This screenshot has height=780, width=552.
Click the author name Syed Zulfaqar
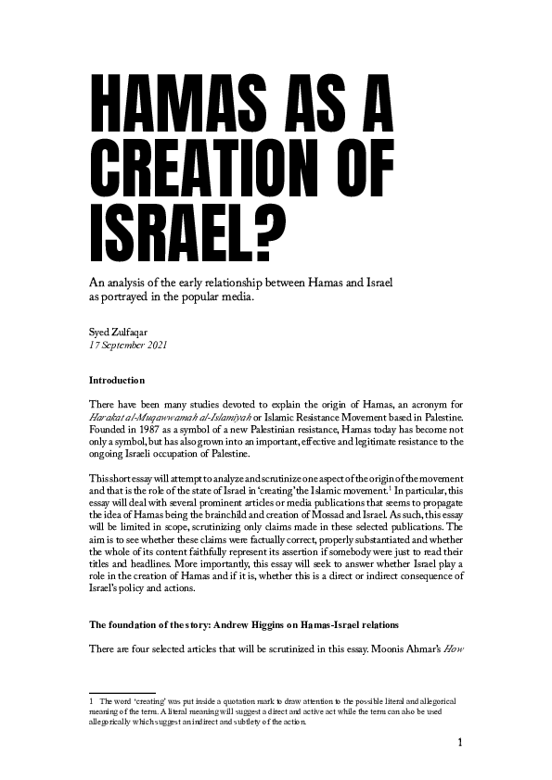[122, 331]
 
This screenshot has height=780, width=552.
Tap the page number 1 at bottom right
[459, 743]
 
